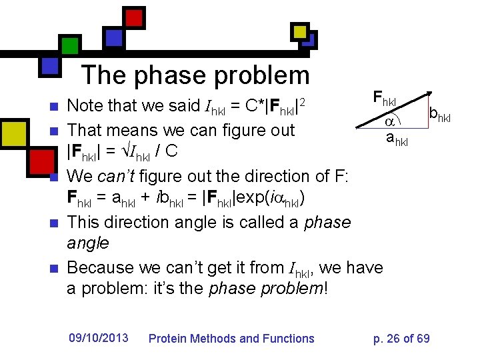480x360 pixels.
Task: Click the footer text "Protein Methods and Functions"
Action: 231,339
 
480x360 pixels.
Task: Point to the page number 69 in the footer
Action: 423,339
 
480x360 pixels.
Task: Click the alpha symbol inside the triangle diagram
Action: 391,122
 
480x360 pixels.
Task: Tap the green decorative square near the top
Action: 70,45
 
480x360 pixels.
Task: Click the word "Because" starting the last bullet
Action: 101,268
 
